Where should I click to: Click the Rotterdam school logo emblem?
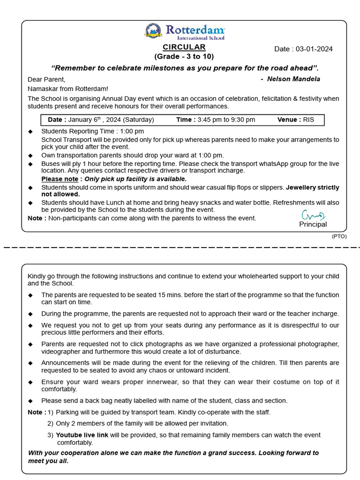click(x=153, y=31)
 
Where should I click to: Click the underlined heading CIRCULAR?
click(x=184, y=47)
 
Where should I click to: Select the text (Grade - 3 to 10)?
click(x=184, y=56)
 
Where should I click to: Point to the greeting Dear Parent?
click(x=46, y=79)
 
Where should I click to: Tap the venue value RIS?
click(x=308, y=120)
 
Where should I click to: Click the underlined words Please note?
click(x=60, y=179)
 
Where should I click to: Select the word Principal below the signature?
click(x=313, y=224)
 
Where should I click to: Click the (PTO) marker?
click(x=339, y=236)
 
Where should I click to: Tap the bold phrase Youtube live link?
click(x=82, y=435)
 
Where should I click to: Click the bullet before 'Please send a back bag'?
click(x=30, y=401)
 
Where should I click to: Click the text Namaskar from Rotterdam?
click(x=67, y=89)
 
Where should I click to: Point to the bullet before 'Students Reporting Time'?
click(x=30, y=131)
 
